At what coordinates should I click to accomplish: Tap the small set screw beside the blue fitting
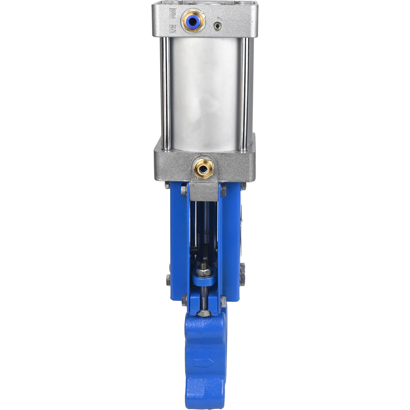point(217,25)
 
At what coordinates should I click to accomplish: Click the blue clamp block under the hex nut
point(204,280)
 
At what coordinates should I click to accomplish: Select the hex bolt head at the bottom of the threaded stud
point(204,312)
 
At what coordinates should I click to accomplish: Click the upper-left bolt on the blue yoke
point(184,190)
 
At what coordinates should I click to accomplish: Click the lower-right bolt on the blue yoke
point(224,301)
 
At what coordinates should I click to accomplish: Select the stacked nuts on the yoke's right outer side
point(242,274)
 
